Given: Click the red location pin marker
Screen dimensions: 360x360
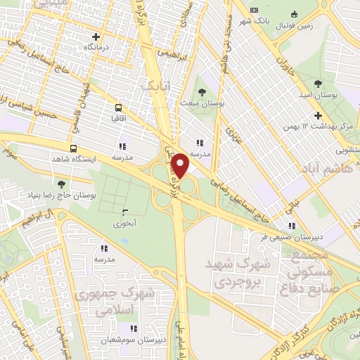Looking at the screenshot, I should coord(181,166).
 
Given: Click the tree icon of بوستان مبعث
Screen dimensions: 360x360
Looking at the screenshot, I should coord(202,91).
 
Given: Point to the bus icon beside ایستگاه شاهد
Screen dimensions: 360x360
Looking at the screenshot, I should coord(73,148).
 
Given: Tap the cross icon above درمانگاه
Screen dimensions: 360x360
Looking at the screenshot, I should coord(96,37).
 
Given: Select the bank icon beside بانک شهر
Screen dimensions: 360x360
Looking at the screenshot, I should coord(254,10).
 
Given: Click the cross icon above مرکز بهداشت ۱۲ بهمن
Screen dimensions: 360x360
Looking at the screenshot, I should coord(318,115).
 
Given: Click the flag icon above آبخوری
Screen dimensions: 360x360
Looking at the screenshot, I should coord(124,212).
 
